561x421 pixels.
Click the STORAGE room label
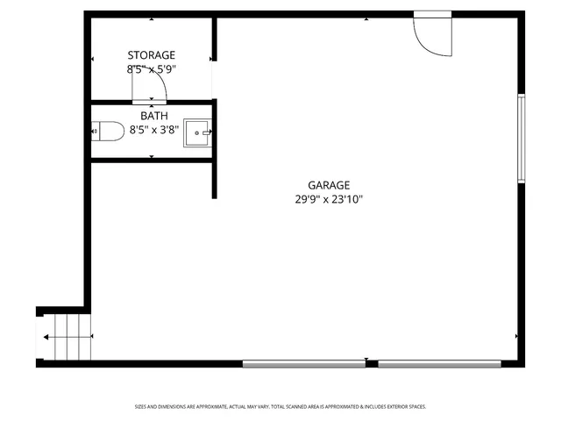tap(152, 55)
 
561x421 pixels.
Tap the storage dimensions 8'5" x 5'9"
tap(152, 68)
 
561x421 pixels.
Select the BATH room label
tap(153, 115)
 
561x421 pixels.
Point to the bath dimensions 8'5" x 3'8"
tap(153, 129)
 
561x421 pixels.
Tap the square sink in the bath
tap(198, 132)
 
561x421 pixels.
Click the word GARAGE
tap(329, 185)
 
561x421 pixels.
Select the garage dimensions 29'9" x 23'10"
tap(329, 199)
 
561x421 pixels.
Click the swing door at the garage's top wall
tap(433, 36)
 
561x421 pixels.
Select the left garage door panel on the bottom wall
tap(303, 363)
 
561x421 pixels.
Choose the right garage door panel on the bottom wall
tap(440, 363)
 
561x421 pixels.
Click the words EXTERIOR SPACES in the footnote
tap(406, 407)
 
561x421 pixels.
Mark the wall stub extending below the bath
tap(214, 180)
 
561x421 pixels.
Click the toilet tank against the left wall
tap(96, 131)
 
